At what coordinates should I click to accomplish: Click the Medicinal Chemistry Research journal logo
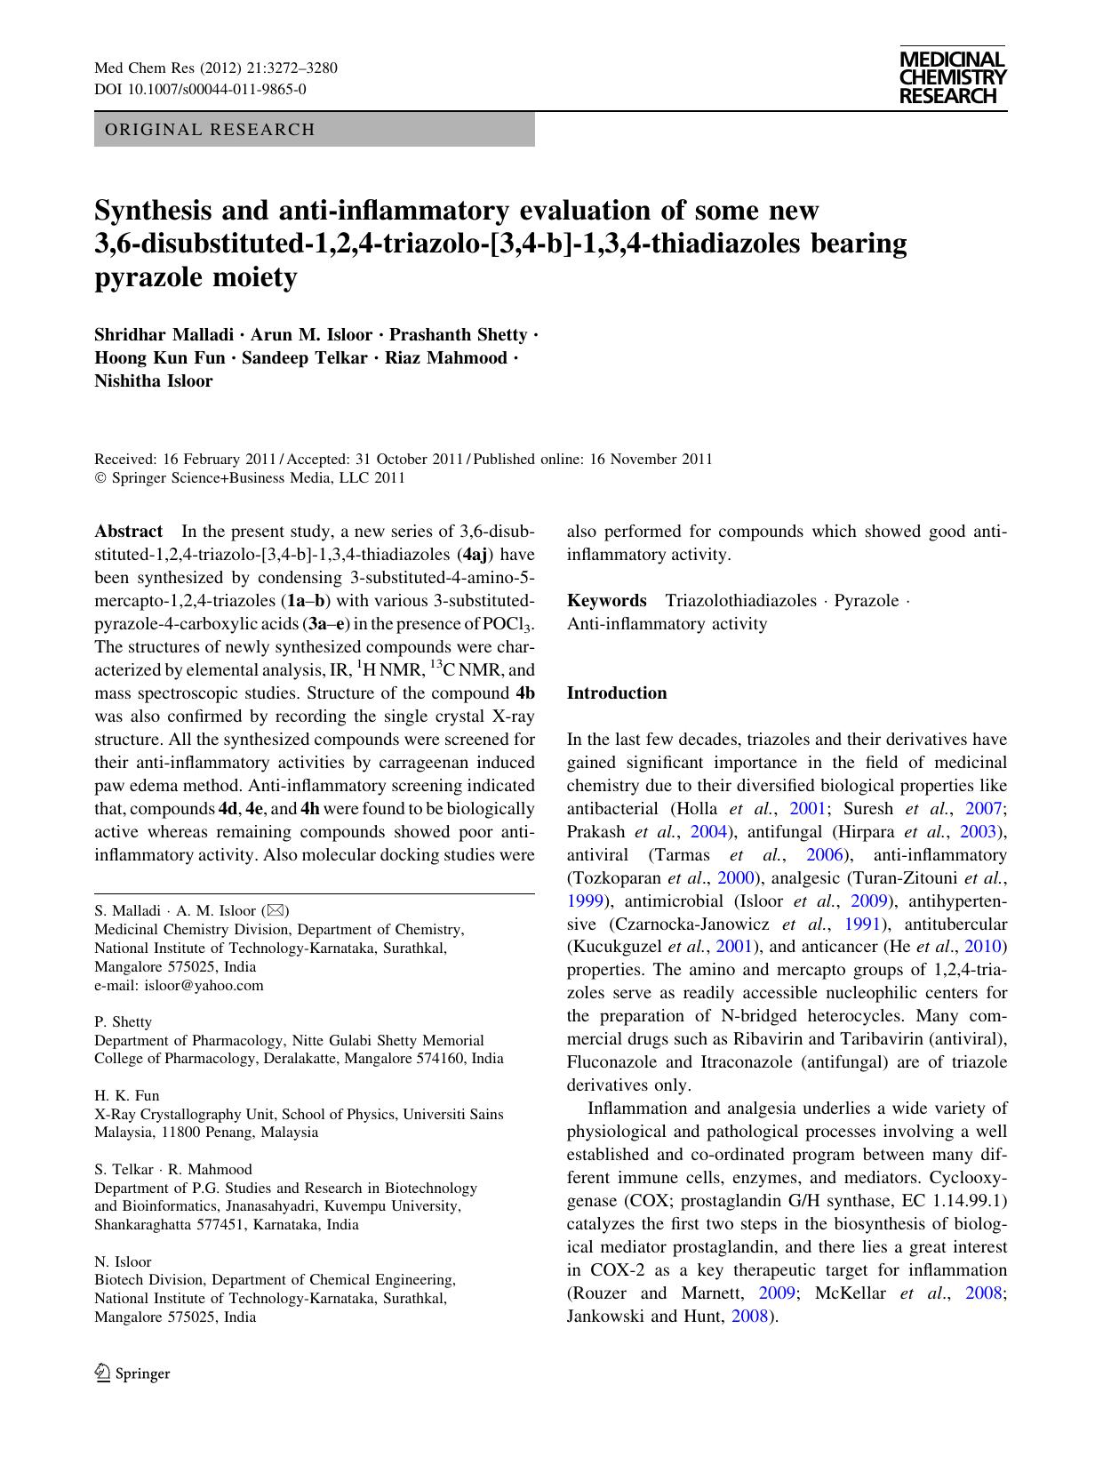click(952, 78)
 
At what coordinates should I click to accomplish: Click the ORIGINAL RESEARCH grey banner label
click(210, 130)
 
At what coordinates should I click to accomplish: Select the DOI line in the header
click(200, 89)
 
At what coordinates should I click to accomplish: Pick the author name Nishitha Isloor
click(154, 381)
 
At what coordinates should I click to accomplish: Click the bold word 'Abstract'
click(129, 532)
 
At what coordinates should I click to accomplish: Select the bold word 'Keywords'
click(606, 601)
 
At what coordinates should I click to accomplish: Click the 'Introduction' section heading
click(617, 693)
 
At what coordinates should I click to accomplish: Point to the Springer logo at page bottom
click(132, 1373)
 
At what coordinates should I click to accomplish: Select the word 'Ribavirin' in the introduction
click(769, 1039)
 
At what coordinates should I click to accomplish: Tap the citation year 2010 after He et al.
click(990, 947)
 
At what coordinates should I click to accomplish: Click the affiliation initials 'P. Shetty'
click(124, 1021)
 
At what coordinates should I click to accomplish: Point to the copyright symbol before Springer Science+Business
click(100, 478)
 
